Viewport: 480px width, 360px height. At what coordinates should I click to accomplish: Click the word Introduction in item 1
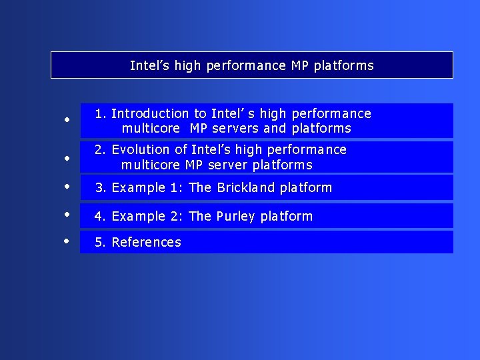150,114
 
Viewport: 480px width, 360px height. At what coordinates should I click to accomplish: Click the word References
146,243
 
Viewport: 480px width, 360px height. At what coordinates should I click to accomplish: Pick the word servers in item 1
234,129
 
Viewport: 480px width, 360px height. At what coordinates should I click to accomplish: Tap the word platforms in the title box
343,66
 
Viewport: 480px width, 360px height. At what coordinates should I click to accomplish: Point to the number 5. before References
101,243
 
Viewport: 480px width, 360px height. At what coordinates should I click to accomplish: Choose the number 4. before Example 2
101,217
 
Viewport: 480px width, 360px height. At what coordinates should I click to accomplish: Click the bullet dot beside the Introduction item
67,121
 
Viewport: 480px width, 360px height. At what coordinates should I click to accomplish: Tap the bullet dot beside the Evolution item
67,159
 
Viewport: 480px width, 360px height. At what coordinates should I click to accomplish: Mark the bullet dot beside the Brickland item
67,187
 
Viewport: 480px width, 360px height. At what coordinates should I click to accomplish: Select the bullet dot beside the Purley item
67,215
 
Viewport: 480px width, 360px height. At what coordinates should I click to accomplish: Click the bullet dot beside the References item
67,241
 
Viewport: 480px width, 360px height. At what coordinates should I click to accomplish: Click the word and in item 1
275,129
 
